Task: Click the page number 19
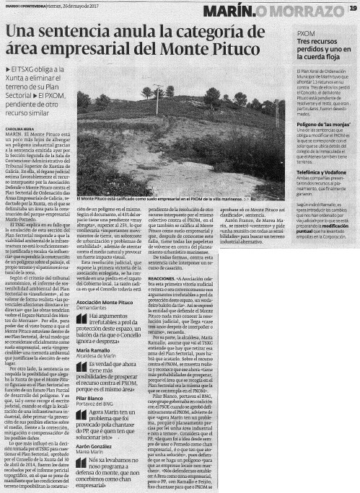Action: click(351, 9)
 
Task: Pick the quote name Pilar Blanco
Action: click(89, 398)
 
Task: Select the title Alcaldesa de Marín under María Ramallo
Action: click(97, 356)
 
